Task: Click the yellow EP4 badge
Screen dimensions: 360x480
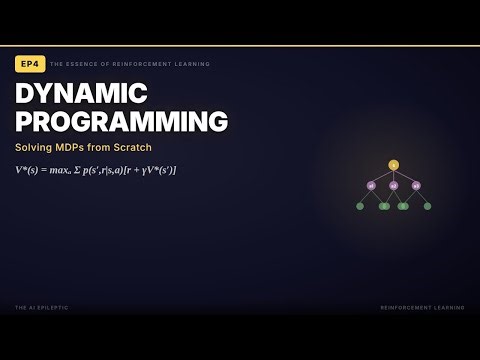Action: (x=30, y=64)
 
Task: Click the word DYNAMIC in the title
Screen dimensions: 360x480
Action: (x=82, y=94)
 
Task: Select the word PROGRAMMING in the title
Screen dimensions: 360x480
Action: (x=121, y=122)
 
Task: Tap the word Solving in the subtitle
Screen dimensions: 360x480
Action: (x=35, y=148)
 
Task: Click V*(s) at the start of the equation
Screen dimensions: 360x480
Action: (x=28, y=170)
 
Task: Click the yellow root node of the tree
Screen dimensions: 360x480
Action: (x=393, y=165)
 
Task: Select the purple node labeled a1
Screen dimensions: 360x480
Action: (x=371, y=185)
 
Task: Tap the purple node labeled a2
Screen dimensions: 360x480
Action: (x=393, y=185)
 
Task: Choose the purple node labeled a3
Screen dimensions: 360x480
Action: (x=416, y=185)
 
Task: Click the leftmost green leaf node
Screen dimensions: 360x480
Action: (x=360, y=206)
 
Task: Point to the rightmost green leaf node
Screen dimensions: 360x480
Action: (x=427, y=206)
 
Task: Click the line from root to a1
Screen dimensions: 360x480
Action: (x=382, y=175)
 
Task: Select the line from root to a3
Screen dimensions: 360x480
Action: (x=405, y=175)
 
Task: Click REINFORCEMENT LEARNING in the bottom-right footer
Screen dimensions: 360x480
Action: (x=422, y=307)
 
